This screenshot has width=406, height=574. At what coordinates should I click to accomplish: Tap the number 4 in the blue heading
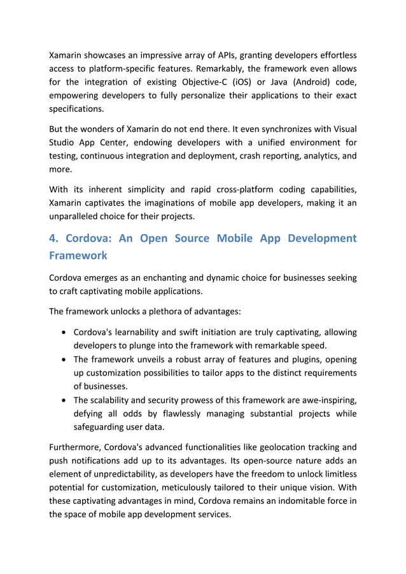click(53, 239)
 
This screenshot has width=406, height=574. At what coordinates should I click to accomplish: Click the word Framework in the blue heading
click(79, 256)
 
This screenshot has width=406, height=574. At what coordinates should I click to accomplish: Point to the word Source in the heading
click(189, 239)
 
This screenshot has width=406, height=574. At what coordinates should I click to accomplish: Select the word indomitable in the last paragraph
click(287, 501)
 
